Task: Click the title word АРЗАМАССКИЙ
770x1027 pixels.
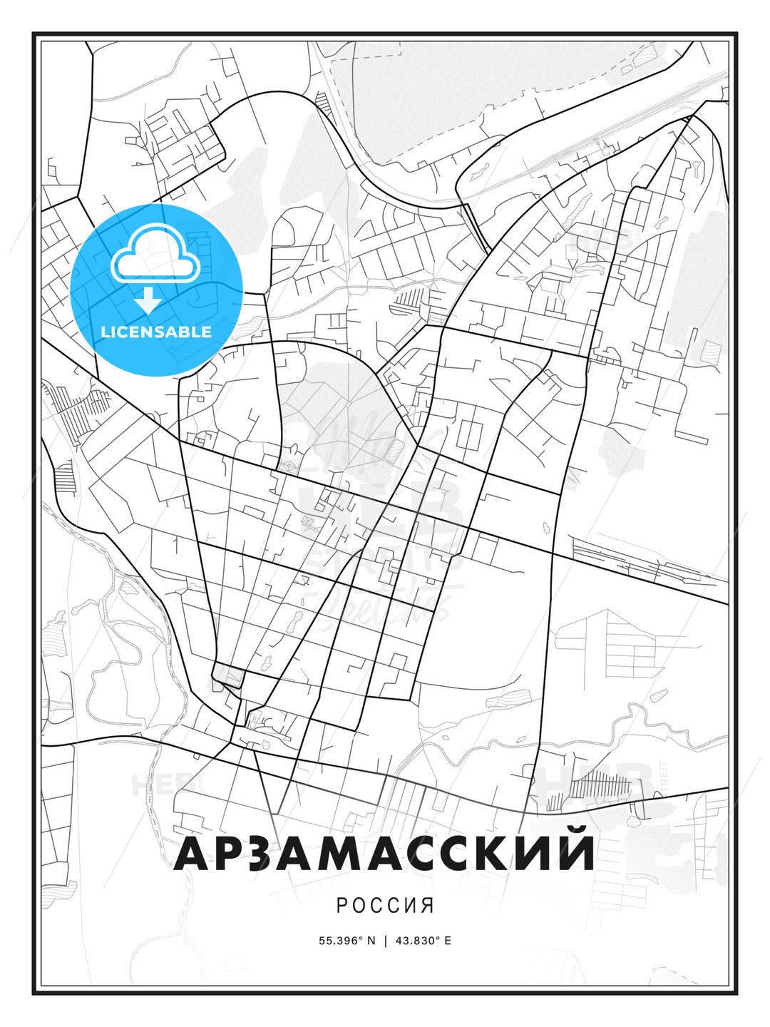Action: point(384,852)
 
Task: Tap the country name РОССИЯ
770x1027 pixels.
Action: point(385,906)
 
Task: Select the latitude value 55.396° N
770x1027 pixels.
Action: point(346,941)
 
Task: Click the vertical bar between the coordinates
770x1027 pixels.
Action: point(386,941)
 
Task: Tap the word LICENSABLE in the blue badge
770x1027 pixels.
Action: point(156,332)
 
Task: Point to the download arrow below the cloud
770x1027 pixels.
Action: point(148,300)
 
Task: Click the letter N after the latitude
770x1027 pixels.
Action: point(371,941)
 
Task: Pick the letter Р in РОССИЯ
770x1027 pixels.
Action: point(342,906)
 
